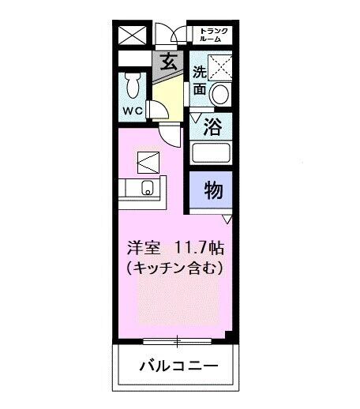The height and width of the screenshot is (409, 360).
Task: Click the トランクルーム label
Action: tap(213, 34)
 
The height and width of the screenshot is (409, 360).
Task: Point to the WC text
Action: tap(132, 111)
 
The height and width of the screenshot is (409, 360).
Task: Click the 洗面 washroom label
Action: tap(200, 81)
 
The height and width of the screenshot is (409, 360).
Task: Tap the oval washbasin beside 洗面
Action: tap(222, 93)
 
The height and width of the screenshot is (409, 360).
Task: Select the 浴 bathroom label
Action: tap(212, 125)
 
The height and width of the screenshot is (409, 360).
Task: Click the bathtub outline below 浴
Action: tap(212, 154)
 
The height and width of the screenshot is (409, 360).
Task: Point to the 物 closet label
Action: tap(212, 189)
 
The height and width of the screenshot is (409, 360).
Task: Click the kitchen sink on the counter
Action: tap(147, 188)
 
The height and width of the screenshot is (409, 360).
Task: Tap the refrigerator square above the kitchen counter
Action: tap(148, 163)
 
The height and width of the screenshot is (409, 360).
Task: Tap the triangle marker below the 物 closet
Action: tap(227, 218)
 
